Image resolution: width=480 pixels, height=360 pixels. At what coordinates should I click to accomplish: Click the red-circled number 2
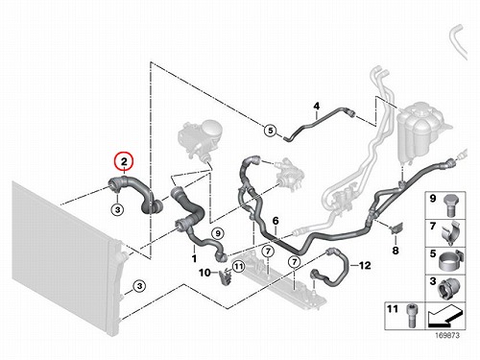[x=124, y=162]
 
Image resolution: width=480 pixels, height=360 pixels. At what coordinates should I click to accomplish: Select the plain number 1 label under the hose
[x=194, y=258]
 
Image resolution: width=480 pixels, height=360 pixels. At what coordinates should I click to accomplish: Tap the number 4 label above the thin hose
[x=317, y=106]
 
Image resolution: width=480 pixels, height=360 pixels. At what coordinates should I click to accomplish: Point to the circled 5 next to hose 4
[x=271, y=131]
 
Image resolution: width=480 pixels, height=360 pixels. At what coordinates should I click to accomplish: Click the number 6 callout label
[x=276, y=221]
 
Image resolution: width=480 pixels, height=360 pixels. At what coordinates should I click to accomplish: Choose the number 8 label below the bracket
[x=396, y=251]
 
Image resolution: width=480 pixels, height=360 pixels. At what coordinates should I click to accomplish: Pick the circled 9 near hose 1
[x=218, y=233]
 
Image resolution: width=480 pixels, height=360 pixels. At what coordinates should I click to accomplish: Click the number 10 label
[x=204, y=273]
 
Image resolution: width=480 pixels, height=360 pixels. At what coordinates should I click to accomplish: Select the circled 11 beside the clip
[x=238, y=266]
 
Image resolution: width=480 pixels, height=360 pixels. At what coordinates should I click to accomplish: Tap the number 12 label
[x=365, y=265]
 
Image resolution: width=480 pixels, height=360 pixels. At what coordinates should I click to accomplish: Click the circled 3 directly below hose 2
[x=118, y=210]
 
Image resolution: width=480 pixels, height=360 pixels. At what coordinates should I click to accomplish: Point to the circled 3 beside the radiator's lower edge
[x=139, y=286]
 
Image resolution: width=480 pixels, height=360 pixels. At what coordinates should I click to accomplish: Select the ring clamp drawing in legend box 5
[x=450, y=261]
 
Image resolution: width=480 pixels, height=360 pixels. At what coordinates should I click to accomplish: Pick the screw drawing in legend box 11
[x=411, y=316]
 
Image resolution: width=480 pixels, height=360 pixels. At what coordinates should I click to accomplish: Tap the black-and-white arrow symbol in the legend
[x=444, y=316]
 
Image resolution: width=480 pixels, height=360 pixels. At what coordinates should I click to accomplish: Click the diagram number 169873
[x=446, y=335]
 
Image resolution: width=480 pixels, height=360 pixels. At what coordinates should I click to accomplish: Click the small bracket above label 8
[x=396, y=228]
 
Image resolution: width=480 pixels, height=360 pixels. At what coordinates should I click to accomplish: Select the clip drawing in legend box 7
[x=452, y=233]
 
